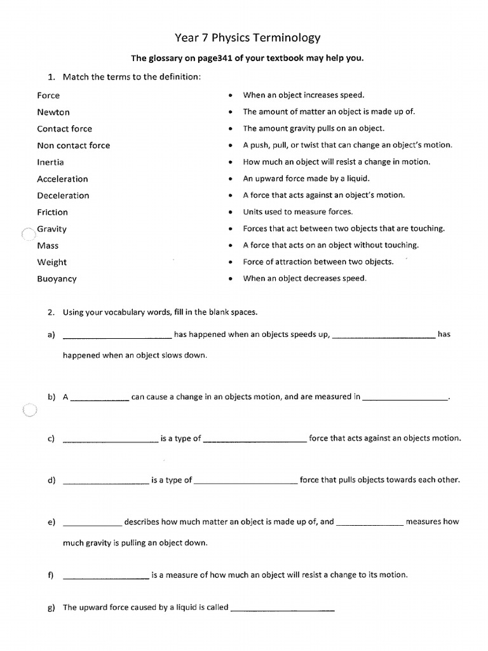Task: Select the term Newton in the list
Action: [53, 112]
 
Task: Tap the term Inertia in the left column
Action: [50, 162]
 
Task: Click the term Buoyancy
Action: [57, 278]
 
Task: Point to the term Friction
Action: [52, 212]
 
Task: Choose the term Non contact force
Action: [73, 146]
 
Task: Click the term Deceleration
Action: [63, 196]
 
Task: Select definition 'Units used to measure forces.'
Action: [297, 212]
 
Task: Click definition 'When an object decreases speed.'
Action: [304, 278]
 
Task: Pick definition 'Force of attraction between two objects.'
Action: [318, 261]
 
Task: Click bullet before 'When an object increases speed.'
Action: [230, 95]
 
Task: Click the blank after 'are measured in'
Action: [405, 399]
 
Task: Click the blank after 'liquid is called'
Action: [282, 610]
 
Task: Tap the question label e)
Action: [51, 523]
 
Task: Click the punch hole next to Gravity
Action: [27, 234]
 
